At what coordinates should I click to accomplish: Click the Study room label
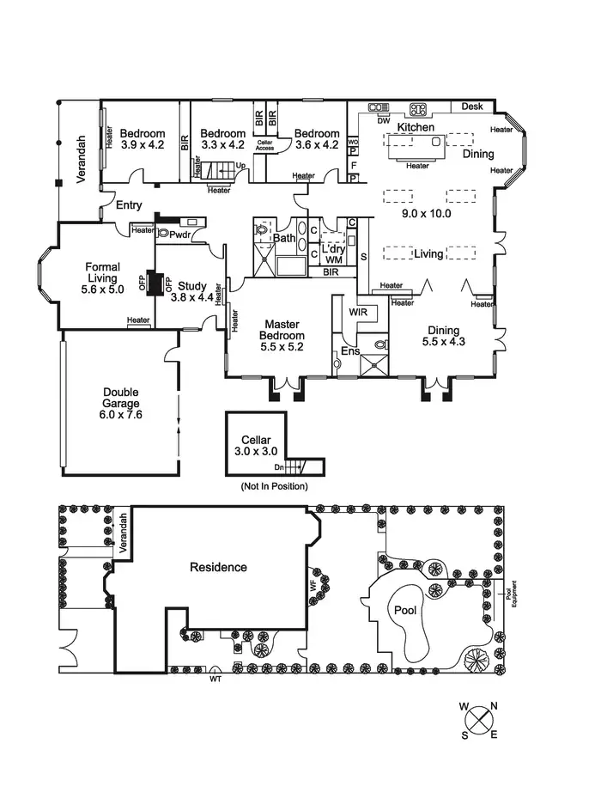tap(191, 286)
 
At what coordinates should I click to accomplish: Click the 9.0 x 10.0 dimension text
tap(426, 214)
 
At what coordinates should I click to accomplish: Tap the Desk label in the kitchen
tap(472, 107)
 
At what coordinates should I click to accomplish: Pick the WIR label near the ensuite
tap(358, 312)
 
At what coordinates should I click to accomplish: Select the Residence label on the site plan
tap(218, 567)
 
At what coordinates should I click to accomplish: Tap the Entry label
tap(129, 205)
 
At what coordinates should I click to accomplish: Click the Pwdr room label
tap(179, 234)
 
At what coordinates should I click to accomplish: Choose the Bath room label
tap(285, 238)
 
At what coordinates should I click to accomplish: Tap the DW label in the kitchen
tap(384, 120)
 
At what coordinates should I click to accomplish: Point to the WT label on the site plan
tap(215, 679)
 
